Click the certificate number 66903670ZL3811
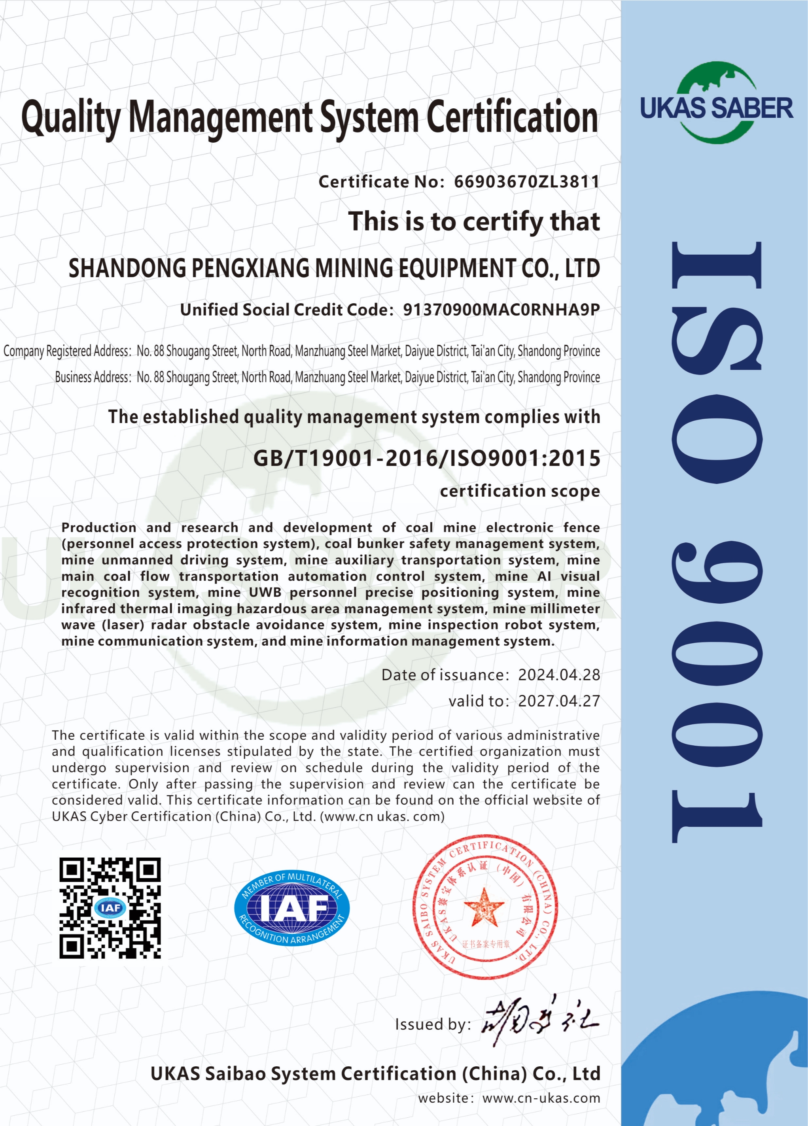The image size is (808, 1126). pos(526,182)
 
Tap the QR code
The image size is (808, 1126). pos(110,908)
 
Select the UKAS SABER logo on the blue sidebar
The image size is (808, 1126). pos(716,104)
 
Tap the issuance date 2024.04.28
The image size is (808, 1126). pos(559,675)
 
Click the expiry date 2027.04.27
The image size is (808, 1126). pos(559,701)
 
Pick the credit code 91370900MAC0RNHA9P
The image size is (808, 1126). pos(501,310)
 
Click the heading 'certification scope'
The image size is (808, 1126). pos(519,491)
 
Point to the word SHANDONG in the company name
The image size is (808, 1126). pos(127,268)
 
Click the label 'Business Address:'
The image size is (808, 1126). pos(93,377)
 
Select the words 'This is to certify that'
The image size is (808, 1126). pos(474,221)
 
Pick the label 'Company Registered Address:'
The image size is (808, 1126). pos(67,351)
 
